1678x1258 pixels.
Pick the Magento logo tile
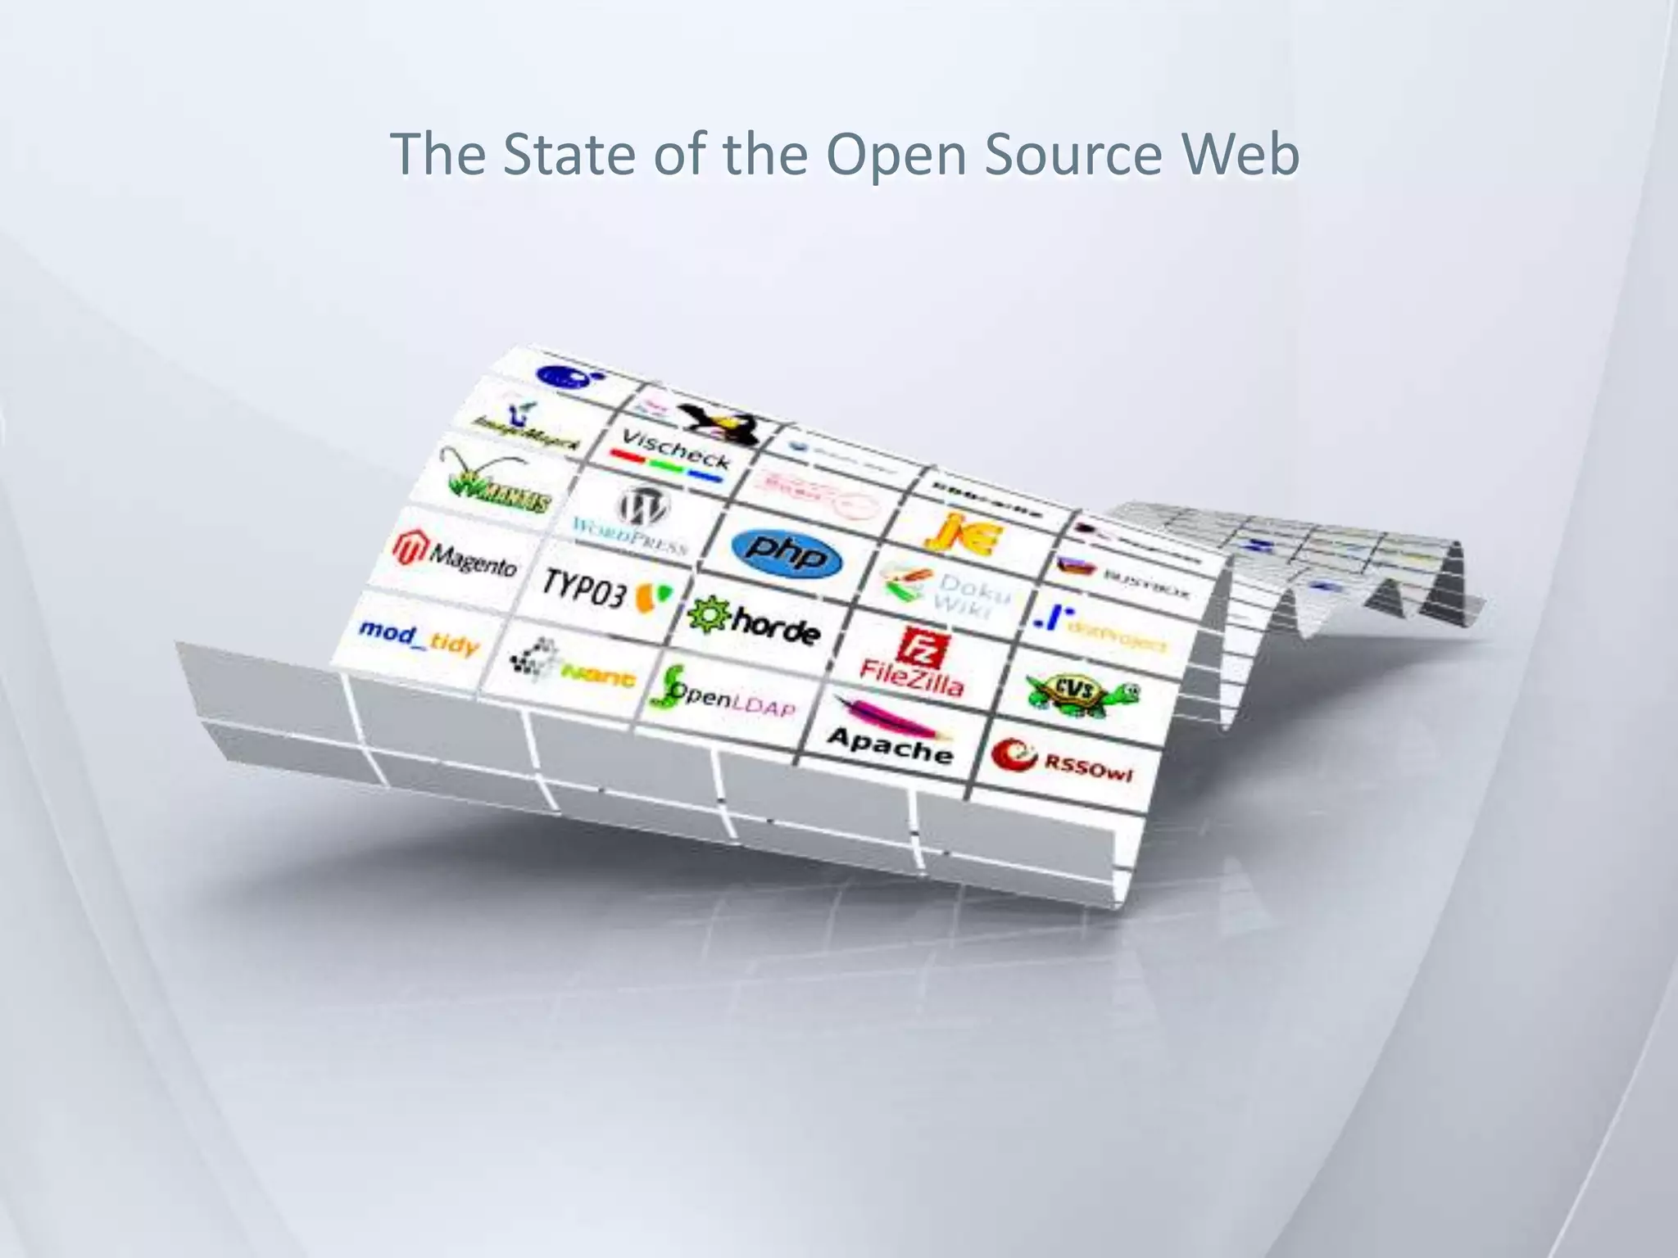pos(456,554)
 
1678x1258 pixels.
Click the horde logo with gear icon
pos(754,623)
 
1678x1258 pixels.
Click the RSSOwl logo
pos(1063,762)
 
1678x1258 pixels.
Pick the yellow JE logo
pos(963,532)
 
